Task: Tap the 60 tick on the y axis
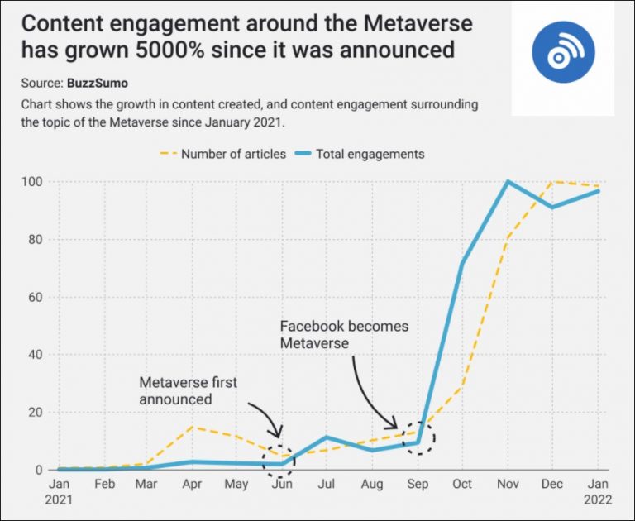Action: click(35, 297)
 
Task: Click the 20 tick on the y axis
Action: click(35, 413)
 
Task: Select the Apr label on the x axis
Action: click(192, 485)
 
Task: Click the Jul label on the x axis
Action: click(327, 485)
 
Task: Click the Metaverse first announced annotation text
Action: click(188, 390)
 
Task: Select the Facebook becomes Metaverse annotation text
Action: click(344, 334)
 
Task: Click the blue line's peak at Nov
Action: click(508, 182)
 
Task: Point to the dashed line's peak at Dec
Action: click(553, 182)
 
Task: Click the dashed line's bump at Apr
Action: click(192, 427)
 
